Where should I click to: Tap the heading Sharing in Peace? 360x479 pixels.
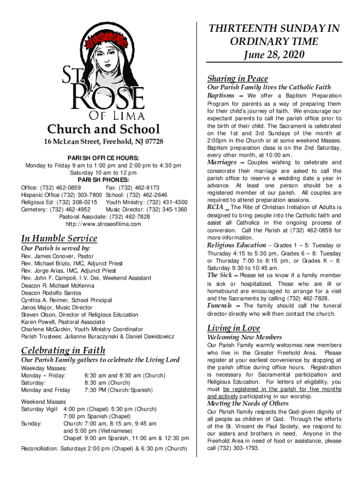[x=238, y=78]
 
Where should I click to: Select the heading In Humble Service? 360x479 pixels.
[x=59, y=238]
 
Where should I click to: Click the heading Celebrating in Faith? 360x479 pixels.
[x=63, y=350]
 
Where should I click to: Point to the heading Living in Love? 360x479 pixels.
[x=234, y=328]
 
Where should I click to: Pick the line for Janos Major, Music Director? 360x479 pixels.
[x=57, y=307]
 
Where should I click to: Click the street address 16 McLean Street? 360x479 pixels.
[x=71, y=142]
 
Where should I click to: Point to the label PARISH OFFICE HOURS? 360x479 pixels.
[x=103, y=158]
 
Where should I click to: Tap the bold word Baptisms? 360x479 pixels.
[x=221, y=95]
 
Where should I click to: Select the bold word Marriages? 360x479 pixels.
[x=222, y=162]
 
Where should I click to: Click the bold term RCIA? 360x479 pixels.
[x=216, y=207]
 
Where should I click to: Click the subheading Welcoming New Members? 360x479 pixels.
[x=245, y=337]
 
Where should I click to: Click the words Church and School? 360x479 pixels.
[x=103, y=129]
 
